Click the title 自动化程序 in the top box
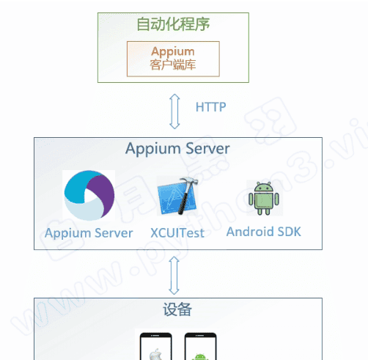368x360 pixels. (x=173, y=24)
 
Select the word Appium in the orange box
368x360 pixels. (x=173, y=51)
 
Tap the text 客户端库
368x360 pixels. (x=173, y=65)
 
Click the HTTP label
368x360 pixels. (x=210, y=107)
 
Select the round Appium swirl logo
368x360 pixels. (x=89, y=195)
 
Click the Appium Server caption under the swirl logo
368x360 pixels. (x=89, y=233)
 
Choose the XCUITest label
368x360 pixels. (x=177, y=233)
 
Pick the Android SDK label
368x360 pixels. (x=263, y=232)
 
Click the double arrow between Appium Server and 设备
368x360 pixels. (x=174, y=273)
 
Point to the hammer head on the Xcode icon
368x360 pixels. (x=188, y=183)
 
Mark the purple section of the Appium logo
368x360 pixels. (x=105, y=192)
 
